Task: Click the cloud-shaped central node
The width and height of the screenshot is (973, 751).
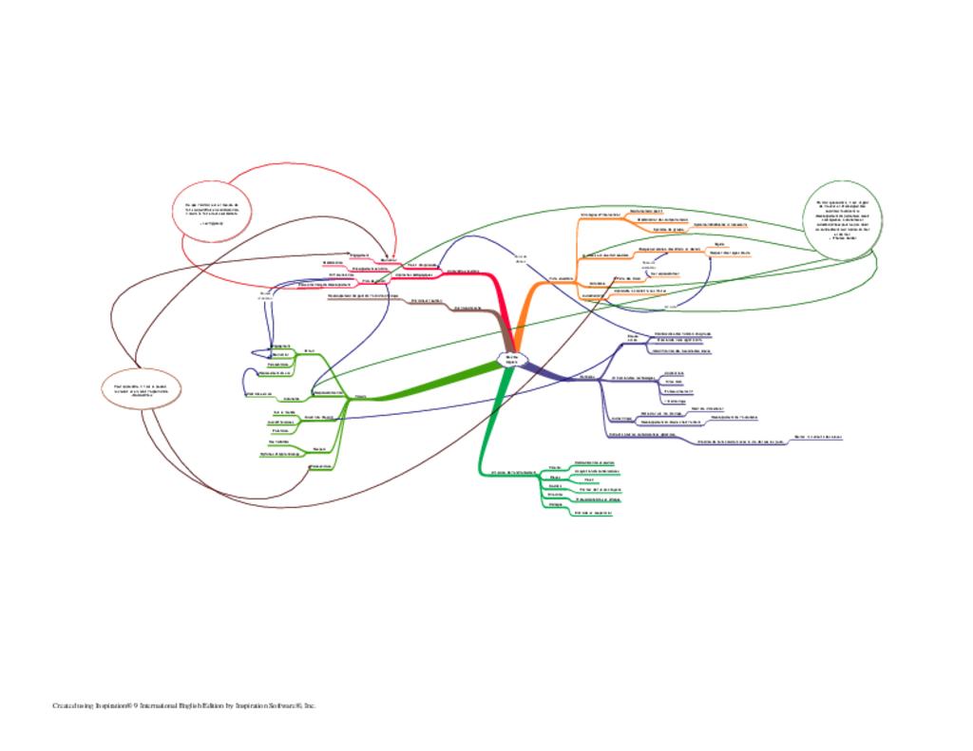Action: (511, 359)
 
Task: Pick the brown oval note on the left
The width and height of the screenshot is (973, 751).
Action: (141, 389)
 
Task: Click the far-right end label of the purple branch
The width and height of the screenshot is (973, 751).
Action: (818, 437)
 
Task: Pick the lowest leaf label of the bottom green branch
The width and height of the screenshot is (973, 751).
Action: (593, 513)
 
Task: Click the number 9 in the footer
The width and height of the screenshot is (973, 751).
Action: (137, 705)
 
